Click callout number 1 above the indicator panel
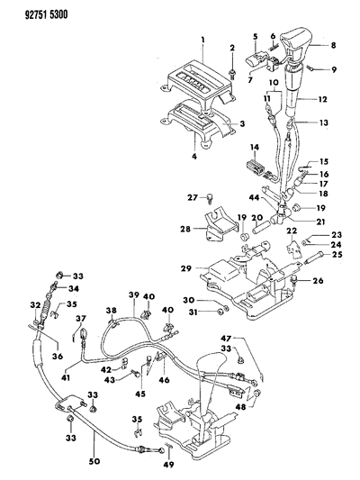pos(205,40)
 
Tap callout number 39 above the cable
pos(132,296)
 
